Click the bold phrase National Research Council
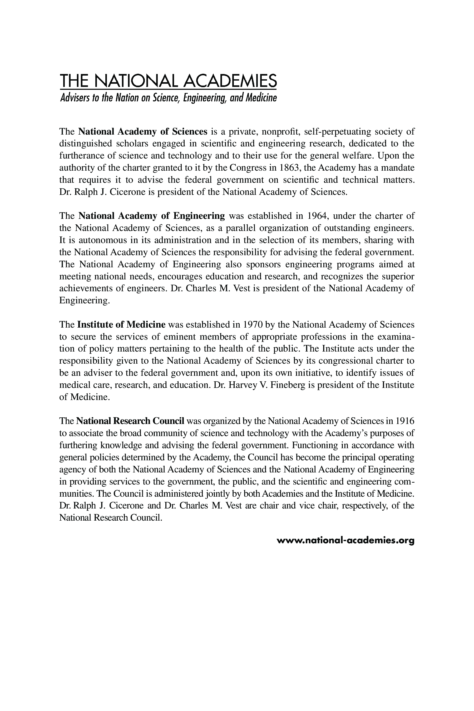point(130,421)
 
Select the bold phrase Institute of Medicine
point(121,325)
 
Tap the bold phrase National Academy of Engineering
point(151,216)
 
